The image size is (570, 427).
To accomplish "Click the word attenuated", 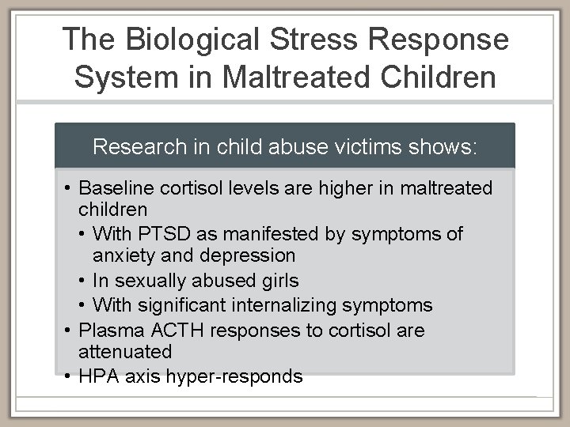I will tap(125, 352).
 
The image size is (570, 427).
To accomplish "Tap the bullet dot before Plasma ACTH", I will tap(70, 330).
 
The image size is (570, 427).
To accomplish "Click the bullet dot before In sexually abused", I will tap(83, 281).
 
